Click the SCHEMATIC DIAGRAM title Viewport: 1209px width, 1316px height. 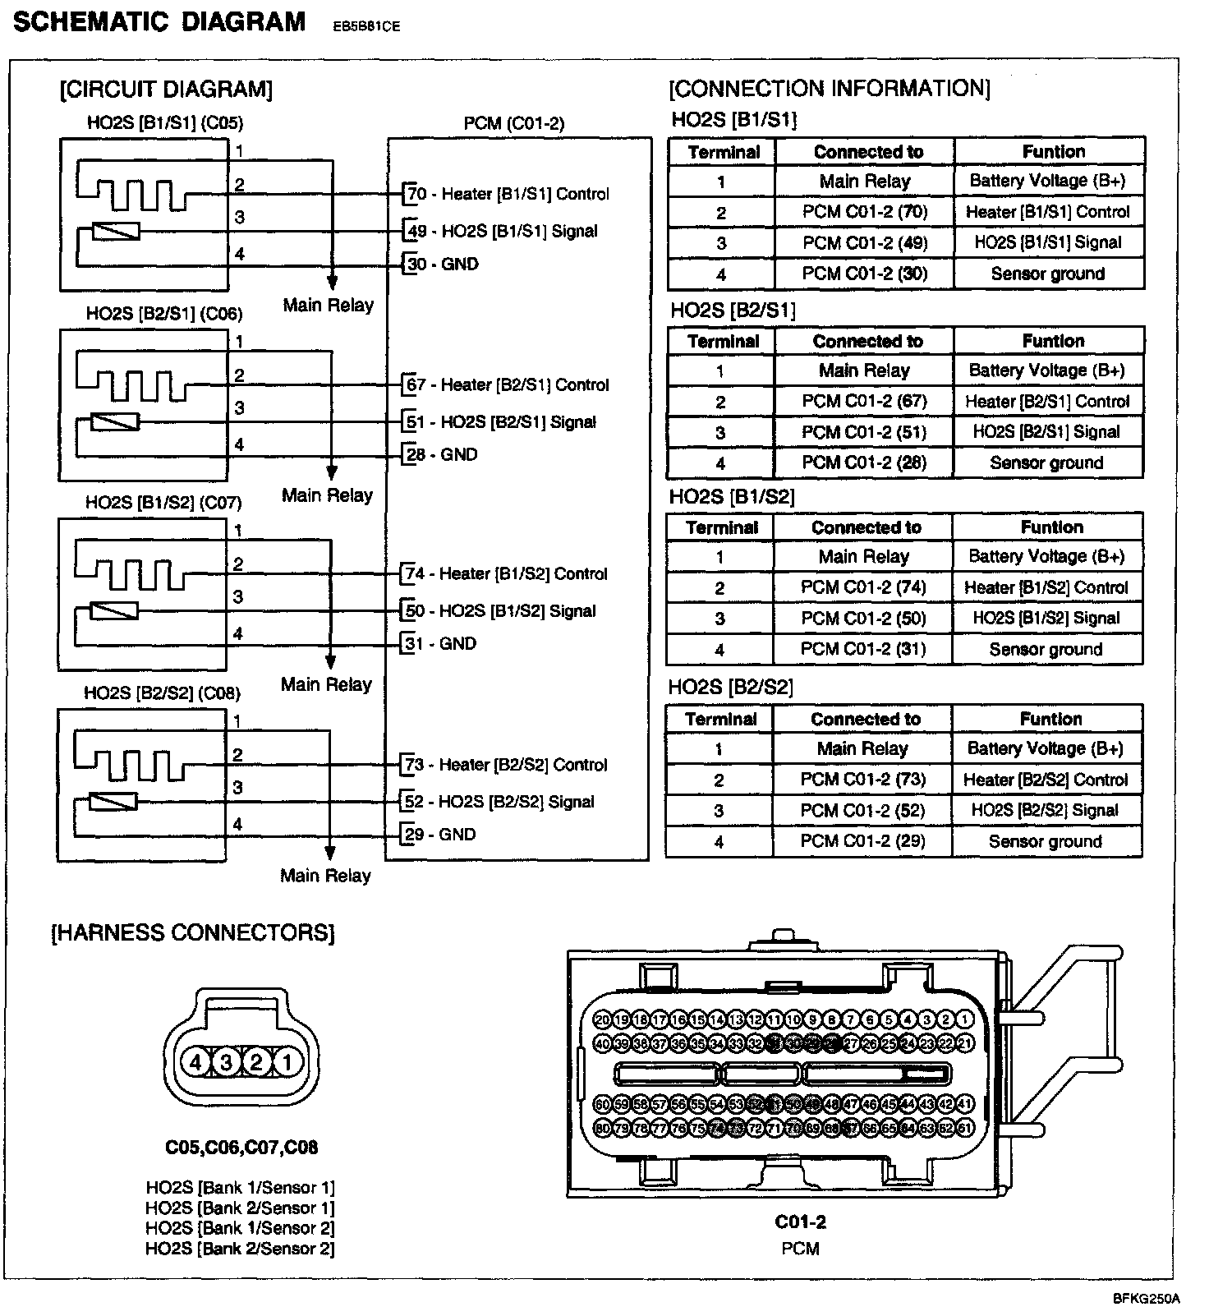click(159, 22)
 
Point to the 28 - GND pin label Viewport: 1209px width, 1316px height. click(442, 454)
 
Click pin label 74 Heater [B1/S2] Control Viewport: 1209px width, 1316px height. click(506, 573)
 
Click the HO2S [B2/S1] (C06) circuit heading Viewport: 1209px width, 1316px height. click(164, 314)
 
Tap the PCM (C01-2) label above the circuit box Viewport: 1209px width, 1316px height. click(514, 123)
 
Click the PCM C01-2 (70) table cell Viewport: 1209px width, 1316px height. click(865, 212)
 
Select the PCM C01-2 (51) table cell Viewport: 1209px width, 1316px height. click(864, 432)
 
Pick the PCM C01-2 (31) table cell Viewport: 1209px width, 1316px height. click(863, 649)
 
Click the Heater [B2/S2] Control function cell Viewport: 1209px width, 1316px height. click(1046, 780)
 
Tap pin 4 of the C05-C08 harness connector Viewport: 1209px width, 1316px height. click(195, 1063)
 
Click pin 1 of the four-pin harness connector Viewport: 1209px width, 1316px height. click(287, 1063)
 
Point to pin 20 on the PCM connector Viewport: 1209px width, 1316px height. click(602, 1020)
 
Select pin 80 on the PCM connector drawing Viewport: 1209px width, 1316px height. click(602, 1128)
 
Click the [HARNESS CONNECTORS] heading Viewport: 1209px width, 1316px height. click(193, 933)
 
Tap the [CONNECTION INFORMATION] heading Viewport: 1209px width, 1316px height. click(830, 88)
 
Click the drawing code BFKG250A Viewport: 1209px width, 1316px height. click(1146, 1299)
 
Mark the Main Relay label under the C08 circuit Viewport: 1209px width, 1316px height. click(326, 876)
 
